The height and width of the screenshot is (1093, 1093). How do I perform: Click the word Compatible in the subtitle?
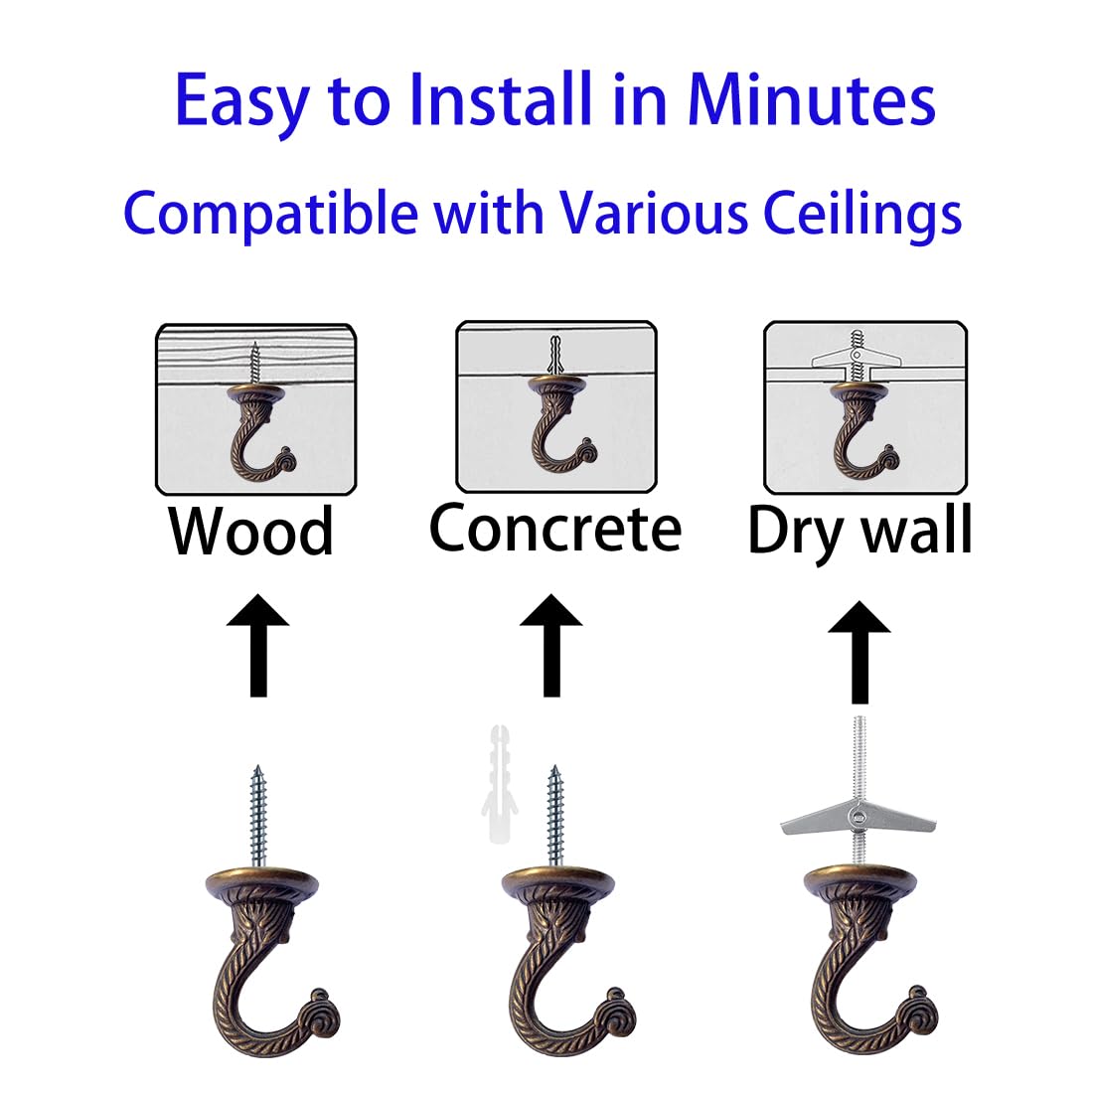point(270,213)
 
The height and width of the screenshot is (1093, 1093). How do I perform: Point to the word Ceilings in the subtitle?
point(862,213)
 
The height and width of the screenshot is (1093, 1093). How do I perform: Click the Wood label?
point(250,532)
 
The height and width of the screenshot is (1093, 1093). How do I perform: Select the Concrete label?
point(554,528)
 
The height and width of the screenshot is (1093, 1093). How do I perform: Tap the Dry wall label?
point(859,530)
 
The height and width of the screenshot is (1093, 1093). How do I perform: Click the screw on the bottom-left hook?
point(256,815)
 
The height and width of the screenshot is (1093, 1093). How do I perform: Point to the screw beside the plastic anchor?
point(554,815)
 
